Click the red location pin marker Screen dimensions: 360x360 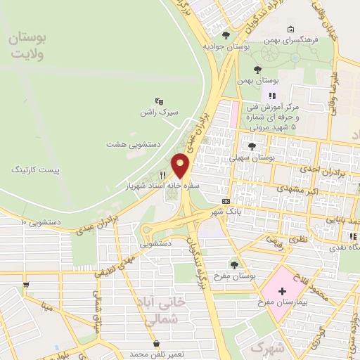pos(181,165)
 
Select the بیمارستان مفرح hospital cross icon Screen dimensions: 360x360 pos(282,291)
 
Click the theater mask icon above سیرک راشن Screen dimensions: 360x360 pos(159,101)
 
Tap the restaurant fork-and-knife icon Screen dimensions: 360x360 pos(163,175)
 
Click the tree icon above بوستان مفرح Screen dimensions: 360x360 pos(233,264)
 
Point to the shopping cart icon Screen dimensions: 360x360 pos(26,285)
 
